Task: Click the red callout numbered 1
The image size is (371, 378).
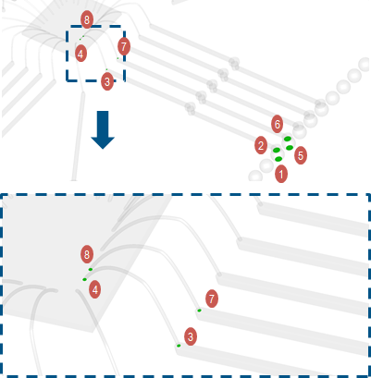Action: pos(281,174)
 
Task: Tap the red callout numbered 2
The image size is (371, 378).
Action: pos(261,145)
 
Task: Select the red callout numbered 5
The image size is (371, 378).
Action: pos(301,155)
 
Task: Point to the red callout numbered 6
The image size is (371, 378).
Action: pos(278,124)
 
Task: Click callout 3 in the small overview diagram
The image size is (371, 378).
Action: pos(107,81)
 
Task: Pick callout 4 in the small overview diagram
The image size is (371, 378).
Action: pos(80,54)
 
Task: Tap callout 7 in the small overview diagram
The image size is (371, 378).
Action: pos(124,46)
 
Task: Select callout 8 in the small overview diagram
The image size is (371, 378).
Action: pos(87,19)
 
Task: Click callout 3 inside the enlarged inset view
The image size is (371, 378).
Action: pos(191,336)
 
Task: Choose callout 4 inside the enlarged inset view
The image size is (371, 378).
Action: pos(94,290)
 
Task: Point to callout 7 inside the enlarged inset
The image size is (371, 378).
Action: pos(212,299)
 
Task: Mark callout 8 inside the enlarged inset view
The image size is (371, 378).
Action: pos(87,254)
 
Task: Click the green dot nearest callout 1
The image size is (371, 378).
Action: pos(278,159)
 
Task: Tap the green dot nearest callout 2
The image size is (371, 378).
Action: pos(277,150)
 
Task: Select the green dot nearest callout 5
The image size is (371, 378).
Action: pos(290,148)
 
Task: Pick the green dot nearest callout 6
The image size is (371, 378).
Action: pos(287,139)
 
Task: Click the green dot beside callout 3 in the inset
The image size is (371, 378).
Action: pos(179,346)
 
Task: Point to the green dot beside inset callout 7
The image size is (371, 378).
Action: pos(199,311)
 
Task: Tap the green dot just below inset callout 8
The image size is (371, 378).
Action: pos(91,270)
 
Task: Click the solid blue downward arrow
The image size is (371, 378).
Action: pos(103,129)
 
